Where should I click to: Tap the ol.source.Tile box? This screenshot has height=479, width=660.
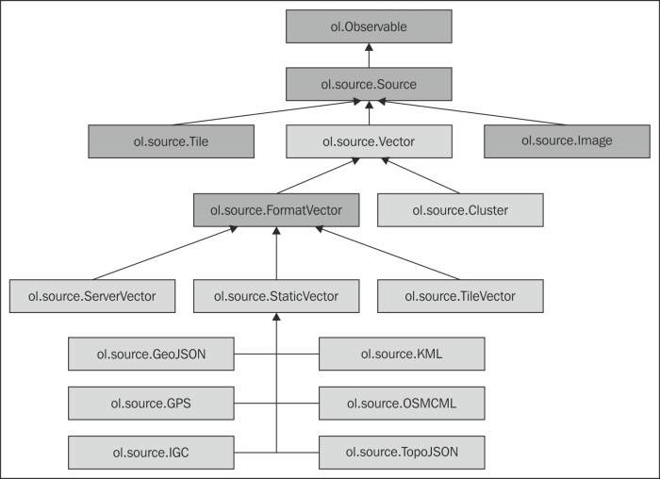pos(171,141)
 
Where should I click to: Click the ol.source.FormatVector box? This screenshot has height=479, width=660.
pos(275,210)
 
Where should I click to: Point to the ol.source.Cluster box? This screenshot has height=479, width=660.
pos(461,210)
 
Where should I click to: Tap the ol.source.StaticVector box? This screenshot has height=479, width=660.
pos(275,296)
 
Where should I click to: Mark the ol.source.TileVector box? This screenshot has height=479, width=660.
pos(461,296)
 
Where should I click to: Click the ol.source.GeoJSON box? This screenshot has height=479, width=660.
pos(151,355)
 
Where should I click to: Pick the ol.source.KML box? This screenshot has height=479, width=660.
pos(402,355)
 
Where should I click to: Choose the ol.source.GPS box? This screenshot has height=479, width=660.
pos(151,404)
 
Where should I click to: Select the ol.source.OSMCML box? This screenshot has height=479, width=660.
pos(402,404)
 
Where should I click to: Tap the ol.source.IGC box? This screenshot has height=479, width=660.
pos(151,453)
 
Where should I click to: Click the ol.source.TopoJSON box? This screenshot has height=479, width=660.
pos(402,453)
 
